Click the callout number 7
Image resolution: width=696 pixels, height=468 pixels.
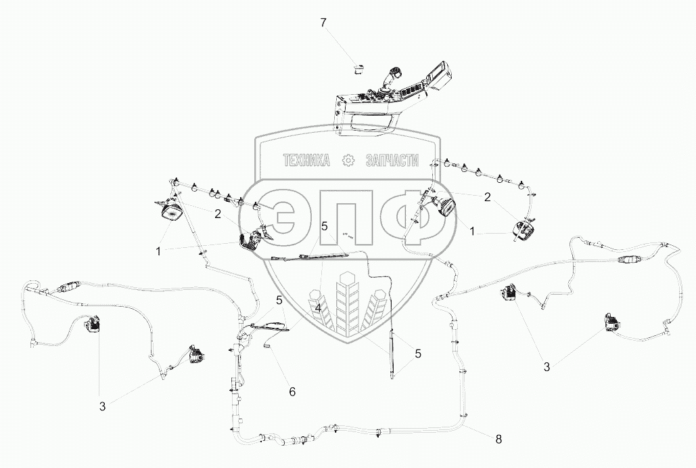pos(323,23)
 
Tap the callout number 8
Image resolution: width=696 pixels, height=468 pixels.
pos(498,439)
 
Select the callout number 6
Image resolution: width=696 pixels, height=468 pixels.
pos(292,391)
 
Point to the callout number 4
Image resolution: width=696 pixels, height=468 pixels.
pos(317,308)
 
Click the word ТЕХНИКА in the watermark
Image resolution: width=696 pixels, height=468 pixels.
pos(306,161)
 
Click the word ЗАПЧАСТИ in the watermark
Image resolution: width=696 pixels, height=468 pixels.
pos(392,161)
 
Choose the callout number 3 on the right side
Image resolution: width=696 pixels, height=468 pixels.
pos(547,367)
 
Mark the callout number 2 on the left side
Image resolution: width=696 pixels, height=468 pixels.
pos(218,214)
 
